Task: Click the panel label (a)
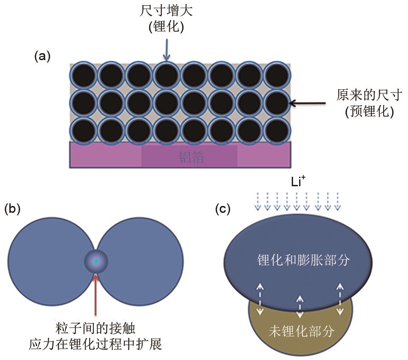42,56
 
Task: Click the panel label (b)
12,209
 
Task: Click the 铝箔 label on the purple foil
191,157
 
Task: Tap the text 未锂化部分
301,331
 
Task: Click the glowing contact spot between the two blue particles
96,261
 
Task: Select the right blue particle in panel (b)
141,260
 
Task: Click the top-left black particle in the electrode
83,76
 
